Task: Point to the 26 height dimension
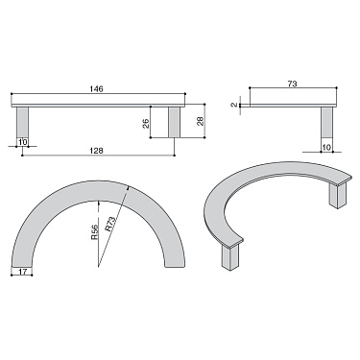(x=145, y=122)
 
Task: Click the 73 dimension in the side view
(x=291, y=85)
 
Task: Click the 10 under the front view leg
(x=22, y=143)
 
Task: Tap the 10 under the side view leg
(x=326, y=147)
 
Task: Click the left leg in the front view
(x=23, y=121)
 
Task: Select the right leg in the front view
(x=175, y=121)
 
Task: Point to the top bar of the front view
(x=96, y=100)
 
